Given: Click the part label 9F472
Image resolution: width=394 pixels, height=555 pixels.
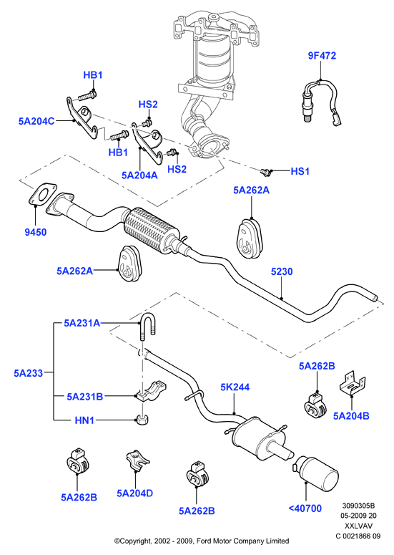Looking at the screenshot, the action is pyautogui.click(x=322, y=56).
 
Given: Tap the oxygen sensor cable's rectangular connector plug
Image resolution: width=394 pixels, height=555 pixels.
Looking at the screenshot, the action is pyautogui.click(x=336, y=120).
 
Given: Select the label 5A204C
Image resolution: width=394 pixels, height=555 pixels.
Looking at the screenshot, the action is pyautogui.click(x=36, y=121).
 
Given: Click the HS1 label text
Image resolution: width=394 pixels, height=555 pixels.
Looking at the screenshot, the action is pyautogui.click(x=300, y=171).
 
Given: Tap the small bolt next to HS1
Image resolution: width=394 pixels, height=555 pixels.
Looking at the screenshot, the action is pyautogui.click(x=265, y=172).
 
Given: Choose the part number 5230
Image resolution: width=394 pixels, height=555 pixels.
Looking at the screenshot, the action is pyautogui.click(x=282, y=271).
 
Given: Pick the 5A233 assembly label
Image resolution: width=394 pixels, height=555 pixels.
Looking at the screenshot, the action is pyautogui.click(x=29, y=372).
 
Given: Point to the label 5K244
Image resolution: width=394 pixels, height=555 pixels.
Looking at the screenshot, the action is pyautogui.click(x=235, y=387).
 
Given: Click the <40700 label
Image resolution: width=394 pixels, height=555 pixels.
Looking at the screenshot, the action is pyautogui.click(x=305, y=508).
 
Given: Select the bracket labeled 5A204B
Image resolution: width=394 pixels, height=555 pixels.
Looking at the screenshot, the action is pyautogui.click(x=353, y=383).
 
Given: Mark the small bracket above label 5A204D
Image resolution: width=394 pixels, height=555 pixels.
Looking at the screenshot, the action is pyautogui.click(x=137, y=460).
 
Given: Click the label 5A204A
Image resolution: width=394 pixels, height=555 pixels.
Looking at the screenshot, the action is pyautogui.click(x=139, y=175).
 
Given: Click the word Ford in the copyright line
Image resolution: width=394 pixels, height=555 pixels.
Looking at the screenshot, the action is pyautogui.click(x=205, y=541).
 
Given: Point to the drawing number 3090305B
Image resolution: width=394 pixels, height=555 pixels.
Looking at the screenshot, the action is pyautogui.click(x=358, y=506).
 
